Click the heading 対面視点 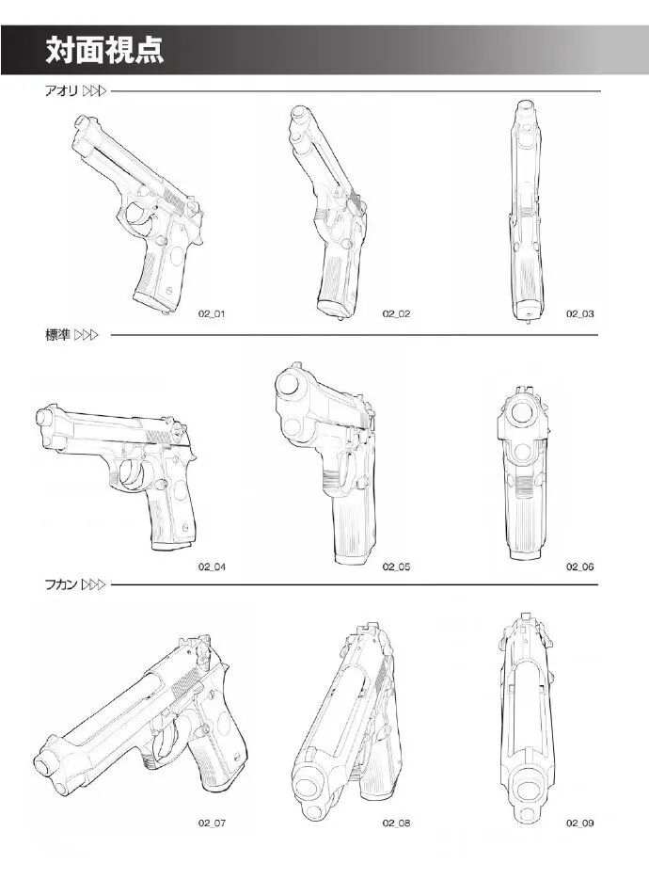[104, 50]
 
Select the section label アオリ [61, 90]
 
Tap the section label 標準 [57, 335]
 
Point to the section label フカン [61, 584]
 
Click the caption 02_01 [212, 314]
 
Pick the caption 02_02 [396, 314]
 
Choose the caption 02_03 [579, 314]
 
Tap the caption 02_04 [212, 567]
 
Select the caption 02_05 [396, 567]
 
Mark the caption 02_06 [579, 567]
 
